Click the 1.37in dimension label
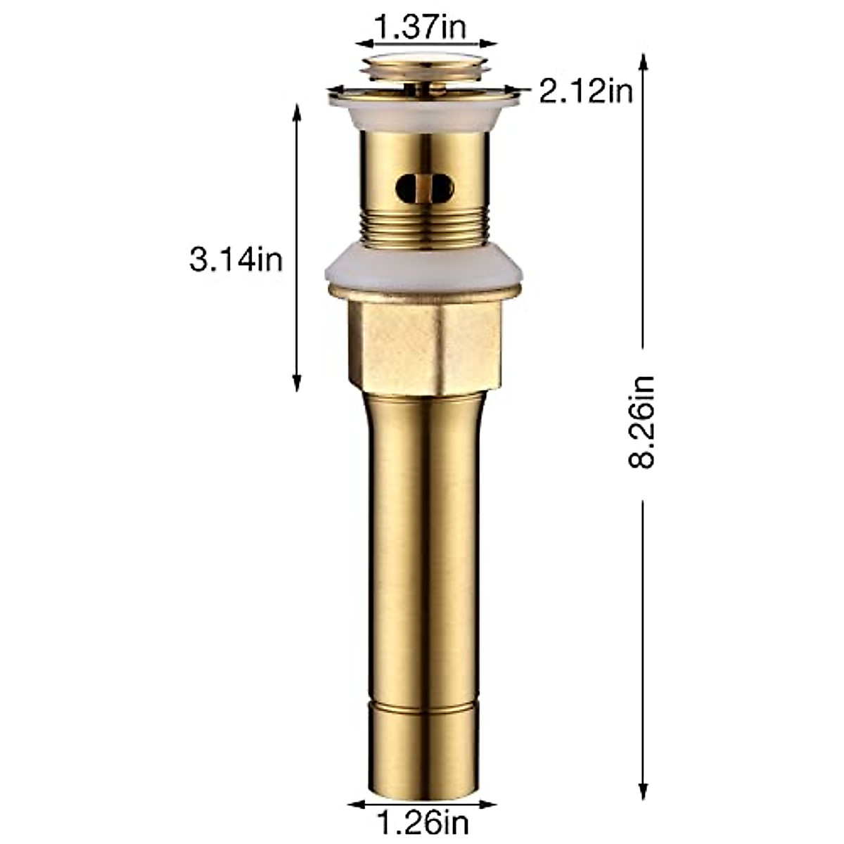click(421, 28)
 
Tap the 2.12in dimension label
click(586, 92)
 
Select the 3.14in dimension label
click(236, 260)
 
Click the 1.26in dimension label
click(422, 821)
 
